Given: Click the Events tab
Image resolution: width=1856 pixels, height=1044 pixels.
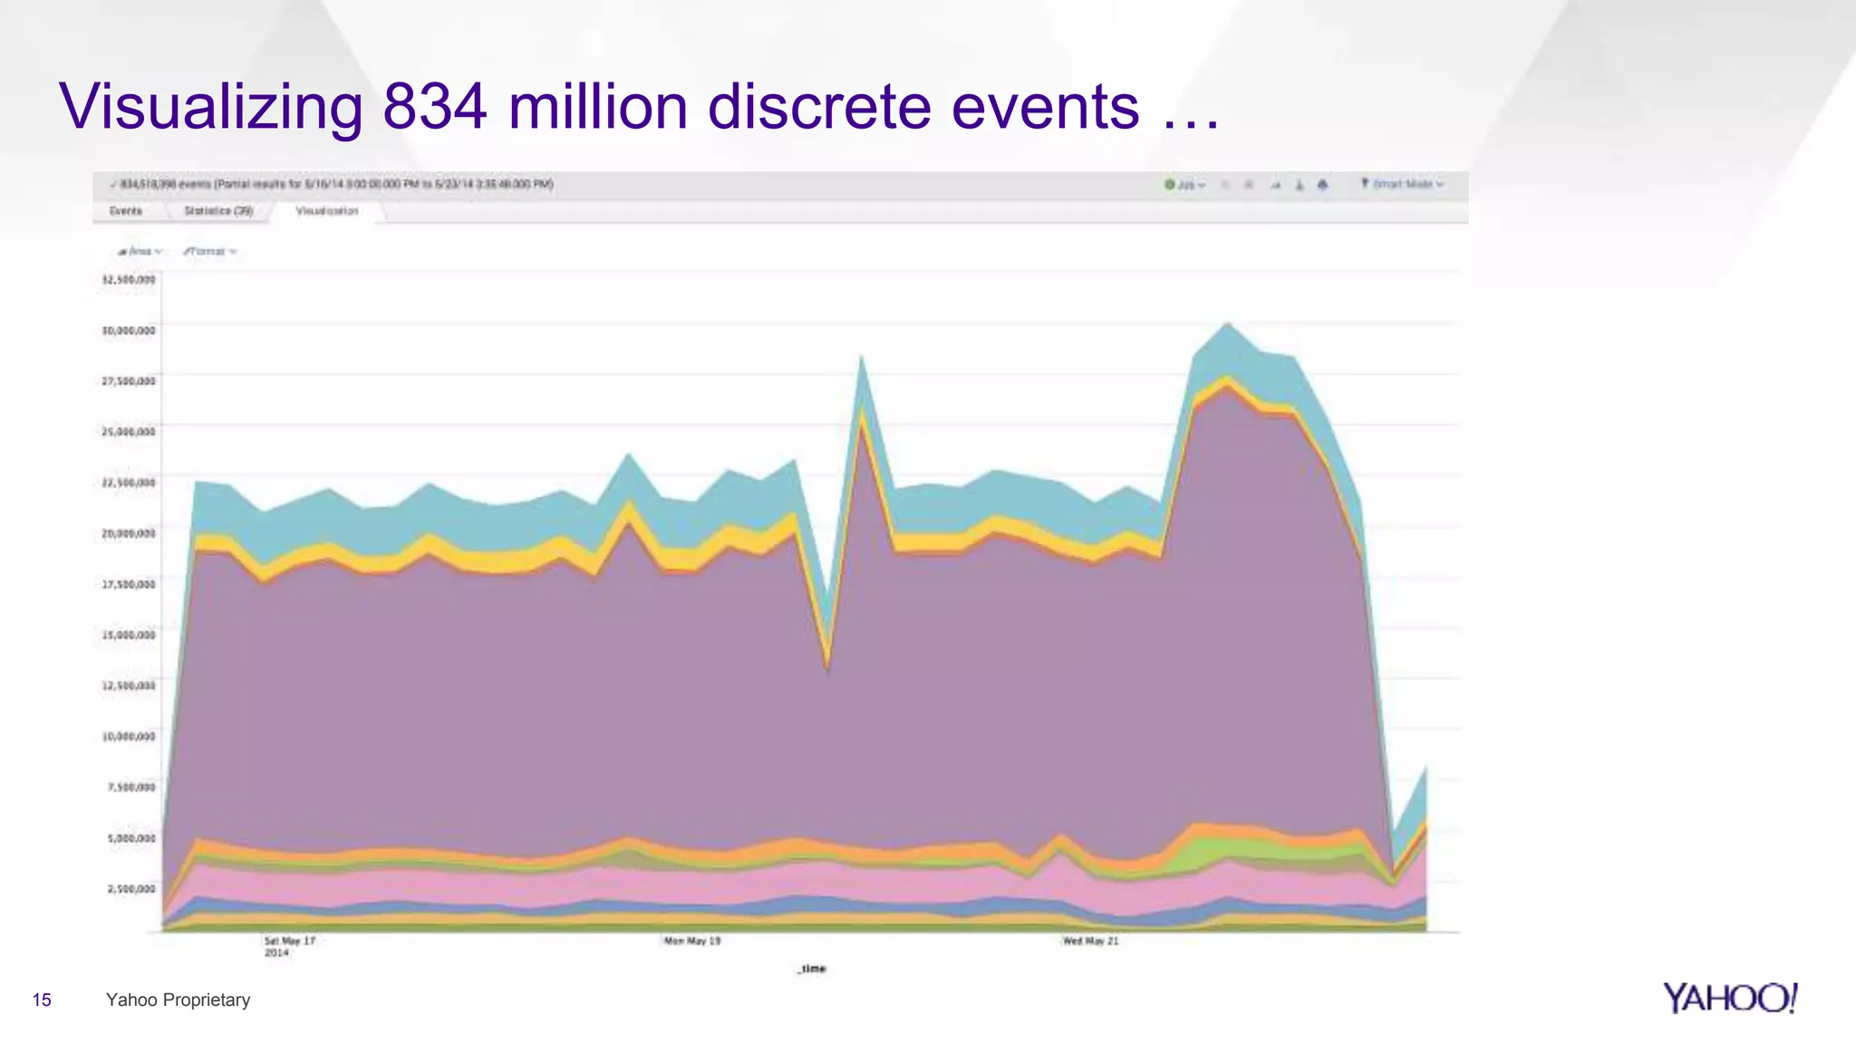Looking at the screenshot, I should point(126,211).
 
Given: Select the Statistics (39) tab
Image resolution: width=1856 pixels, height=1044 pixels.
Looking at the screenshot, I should point(218,211).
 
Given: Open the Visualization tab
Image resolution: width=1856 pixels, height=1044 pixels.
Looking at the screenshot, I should point(327,211).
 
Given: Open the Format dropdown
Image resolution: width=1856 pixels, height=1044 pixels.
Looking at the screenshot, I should point(209,251).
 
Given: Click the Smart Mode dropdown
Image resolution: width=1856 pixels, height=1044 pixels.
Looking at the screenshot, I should point(1402,184).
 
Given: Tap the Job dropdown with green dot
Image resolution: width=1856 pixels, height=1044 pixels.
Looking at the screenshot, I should point(1185,185).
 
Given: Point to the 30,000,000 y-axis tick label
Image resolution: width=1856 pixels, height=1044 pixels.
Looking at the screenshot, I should point(129,331).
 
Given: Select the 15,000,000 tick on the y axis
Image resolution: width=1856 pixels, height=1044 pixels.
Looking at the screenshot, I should point(129,635).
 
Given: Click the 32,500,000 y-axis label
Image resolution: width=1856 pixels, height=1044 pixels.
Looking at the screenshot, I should point(129,280).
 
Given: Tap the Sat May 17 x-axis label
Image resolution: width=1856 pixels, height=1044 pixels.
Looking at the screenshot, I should point(290,942).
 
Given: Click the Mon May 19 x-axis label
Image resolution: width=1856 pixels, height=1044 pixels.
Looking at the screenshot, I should point(692,942).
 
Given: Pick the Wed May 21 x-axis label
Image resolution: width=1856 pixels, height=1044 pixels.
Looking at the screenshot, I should point(1091,942).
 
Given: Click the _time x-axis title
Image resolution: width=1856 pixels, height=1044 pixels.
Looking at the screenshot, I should point(812,969).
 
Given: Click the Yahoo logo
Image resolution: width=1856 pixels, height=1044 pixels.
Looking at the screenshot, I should point(1730,998).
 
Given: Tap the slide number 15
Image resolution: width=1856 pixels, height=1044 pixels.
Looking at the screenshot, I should point(42,1000).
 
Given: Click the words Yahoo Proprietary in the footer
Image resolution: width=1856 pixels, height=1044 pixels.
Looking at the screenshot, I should point(178,1000).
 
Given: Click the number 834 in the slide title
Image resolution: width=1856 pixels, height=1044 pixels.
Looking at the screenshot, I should point(435,107).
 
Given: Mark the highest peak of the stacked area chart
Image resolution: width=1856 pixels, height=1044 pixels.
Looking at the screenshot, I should point(1228,324).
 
